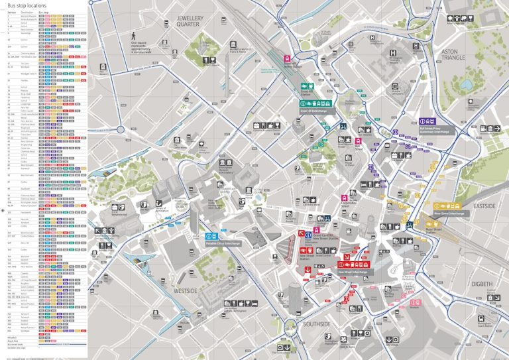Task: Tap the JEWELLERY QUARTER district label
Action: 193,20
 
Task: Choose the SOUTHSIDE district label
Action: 317,324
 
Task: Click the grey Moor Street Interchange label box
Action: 449,213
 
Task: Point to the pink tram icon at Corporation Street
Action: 344,198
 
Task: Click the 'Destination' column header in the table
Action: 27,13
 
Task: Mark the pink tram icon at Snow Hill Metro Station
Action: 287,58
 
